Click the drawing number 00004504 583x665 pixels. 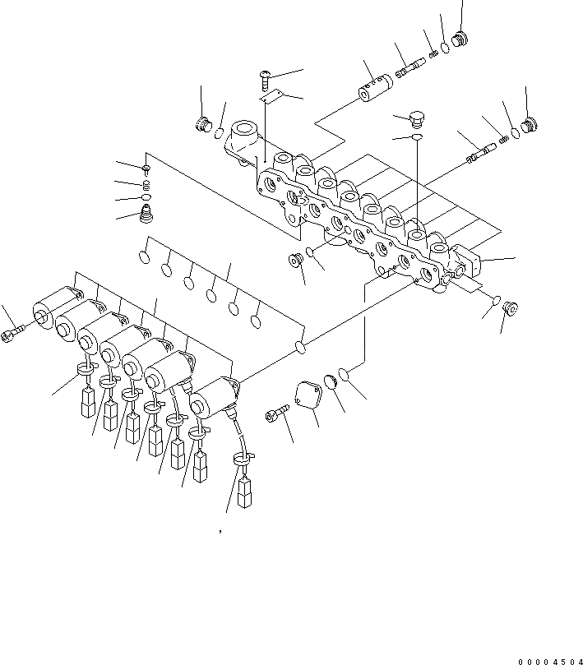click(548, 659)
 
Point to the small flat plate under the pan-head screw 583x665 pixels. click(272, 96)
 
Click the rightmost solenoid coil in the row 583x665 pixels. click(213, 399)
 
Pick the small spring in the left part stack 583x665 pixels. click(146, 184)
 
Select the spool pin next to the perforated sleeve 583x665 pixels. click(409, 65)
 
